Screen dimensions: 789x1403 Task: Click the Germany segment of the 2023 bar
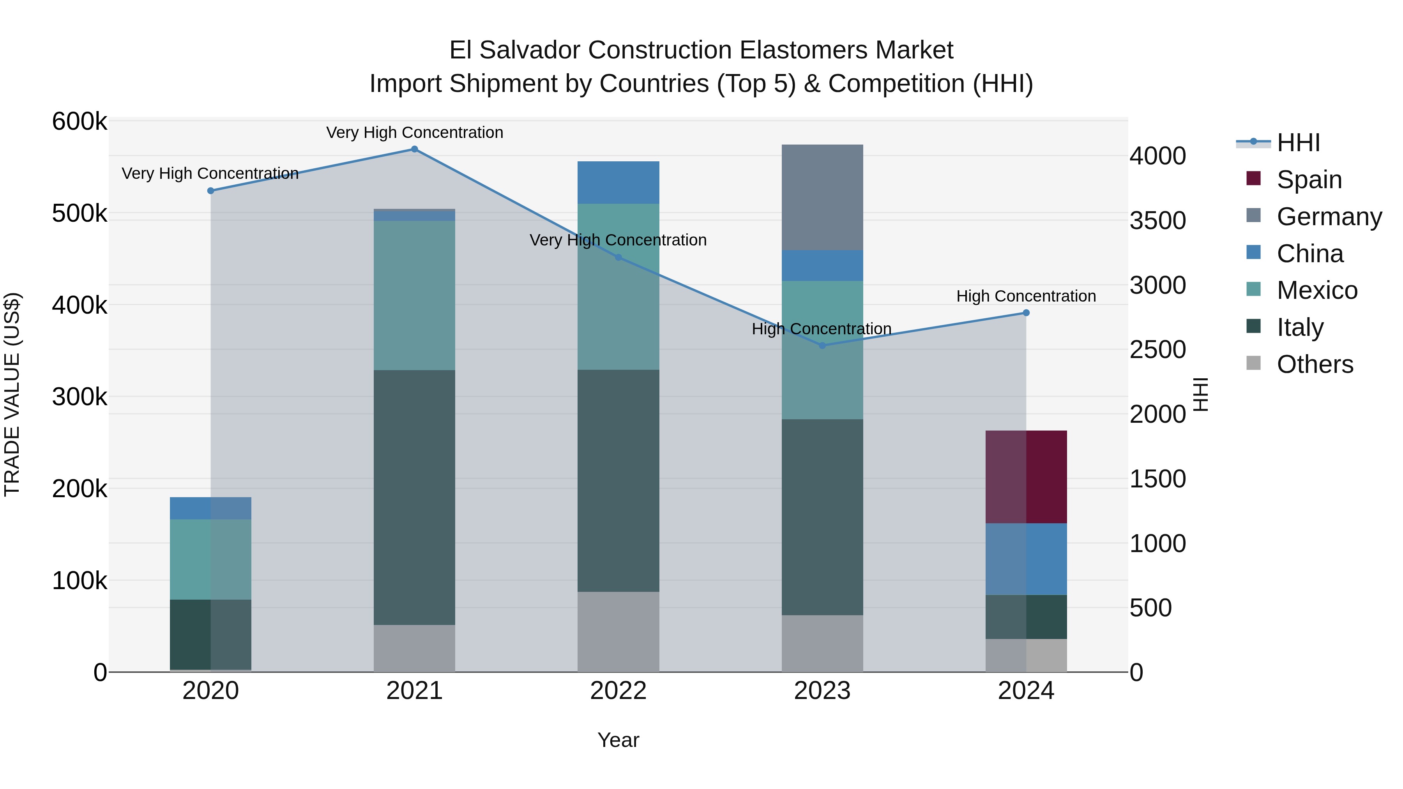(x=822, y=197)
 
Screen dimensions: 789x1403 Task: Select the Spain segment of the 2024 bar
(x=1026, y=477)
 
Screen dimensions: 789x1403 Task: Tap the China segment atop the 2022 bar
(x=618, y=182)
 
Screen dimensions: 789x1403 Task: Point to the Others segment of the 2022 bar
(x=618, y=631)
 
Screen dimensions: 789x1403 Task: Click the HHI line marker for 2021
(x=414, y=149)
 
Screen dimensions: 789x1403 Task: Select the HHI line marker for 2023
(x=822, y=345)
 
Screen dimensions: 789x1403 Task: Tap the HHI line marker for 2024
(x=1026, y=312)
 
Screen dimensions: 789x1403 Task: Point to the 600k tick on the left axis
(x=80, y=122)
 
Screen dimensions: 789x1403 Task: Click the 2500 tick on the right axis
(x=1157, y=349)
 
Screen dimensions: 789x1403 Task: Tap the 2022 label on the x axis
(x=618, y=691)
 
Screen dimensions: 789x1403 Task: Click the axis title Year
(x=618, y=740)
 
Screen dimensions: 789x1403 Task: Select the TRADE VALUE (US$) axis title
(x=12, y=394)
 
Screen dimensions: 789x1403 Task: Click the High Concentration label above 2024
(x=1026, y=296)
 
